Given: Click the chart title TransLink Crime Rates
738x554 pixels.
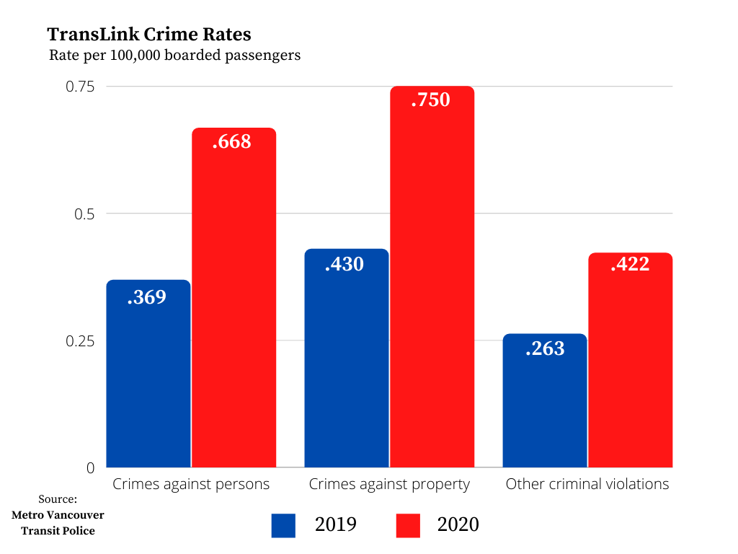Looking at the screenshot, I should click(x=148, y=35).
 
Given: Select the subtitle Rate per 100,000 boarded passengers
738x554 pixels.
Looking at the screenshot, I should click(x=174, y=56).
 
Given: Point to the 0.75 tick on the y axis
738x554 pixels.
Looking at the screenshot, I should click(x=80, y=87).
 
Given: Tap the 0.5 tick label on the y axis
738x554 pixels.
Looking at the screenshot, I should click(x=84, y=214).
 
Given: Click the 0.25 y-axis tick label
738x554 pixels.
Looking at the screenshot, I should click(x=80, y=340).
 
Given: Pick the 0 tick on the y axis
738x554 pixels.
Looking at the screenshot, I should click(x=90, y=467).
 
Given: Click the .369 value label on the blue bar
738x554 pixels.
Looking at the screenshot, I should click(x=147, y=296).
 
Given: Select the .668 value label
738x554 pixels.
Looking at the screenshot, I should click(x=232, y=141).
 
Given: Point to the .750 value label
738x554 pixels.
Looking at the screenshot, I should click(x=430, y=100).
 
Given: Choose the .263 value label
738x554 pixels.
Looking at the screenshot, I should click(x=545, y=348).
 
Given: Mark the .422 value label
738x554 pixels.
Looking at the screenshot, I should click(x=630, y=265).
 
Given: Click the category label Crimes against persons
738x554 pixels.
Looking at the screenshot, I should click(x=191, y=484).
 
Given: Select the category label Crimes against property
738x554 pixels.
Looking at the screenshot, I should click(x=389, y=484).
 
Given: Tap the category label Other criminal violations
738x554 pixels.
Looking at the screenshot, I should click(x=587, y=484).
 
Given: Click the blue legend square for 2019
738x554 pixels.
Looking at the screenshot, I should click(x=283, y=525).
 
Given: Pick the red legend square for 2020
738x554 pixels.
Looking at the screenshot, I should click(x=408, y=525).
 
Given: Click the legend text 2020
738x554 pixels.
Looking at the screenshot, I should click(x=458, y=524).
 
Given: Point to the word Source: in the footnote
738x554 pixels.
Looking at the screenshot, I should click(x=58, y=499).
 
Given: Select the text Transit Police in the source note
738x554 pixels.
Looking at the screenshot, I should click(x=58, y=531).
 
